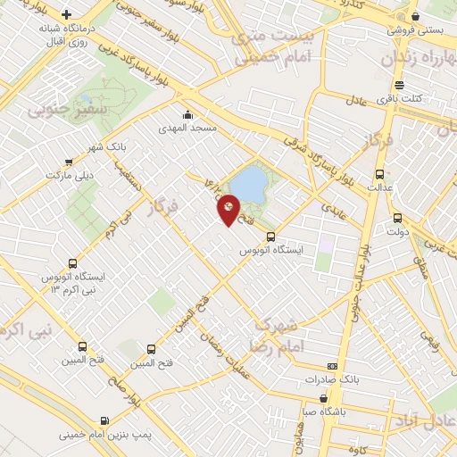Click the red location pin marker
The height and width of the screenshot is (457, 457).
[x=228, y=209]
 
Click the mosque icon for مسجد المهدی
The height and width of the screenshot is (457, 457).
[x=187, y=114]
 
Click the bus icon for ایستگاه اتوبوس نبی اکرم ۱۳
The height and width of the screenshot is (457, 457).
[x=72, y=264]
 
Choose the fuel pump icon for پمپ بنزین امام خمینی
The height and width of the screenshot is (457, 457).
[x=106, y=420]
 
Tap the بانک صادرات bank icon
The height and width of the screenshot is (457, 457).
[x=333, y=366]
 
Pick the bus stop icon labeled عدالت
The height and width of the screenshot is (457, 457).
[x=380, y=174]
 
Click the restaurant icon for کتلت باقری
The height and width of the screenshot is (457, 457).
[x=398, y=86]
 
